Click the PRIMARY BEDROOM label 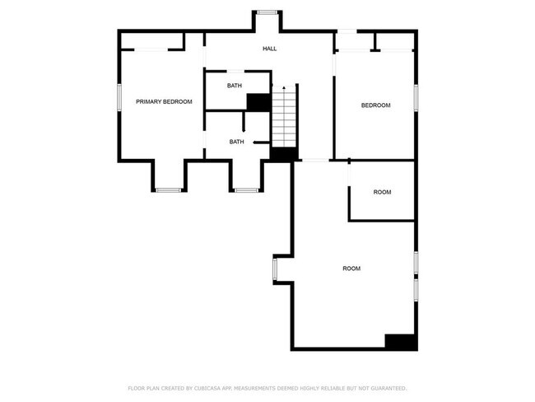[164, 101]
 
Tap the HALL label [269, 49]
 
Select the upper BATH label [235, 86]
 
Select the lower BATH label [236, 142]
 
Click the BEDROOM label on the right [375, 105]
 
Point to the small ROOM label [382, 192]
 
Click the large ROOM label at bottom [351, 269]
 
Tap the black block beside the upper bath [258, 101]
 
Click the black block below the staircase [283, 154]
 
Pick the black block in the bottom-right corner [401, 342]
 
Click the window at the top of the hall [266, 12]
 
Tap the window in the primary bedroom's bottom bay [168, 190]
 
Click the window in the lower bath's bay [246, 190]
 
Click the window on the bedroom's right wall [417, 96]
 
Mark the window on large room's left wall [275, 269]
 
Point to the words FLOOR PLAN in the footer [143, 388]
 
